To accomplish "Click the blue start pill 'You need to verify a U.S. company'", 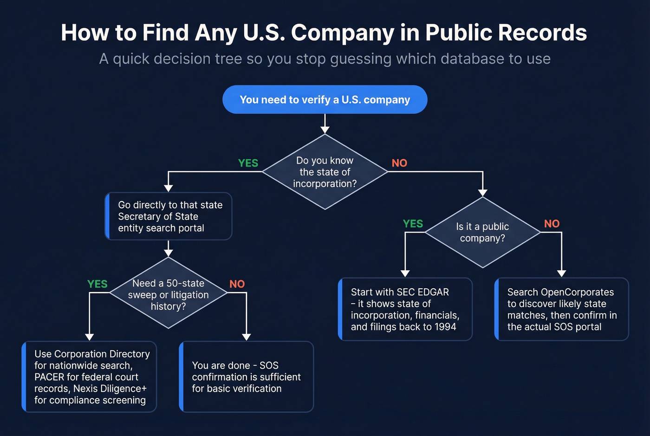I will click(x=325, y=100).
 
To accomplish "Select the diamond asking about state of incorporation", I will click(x=325, y=172).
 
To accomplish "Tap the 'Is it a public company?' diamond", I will click(x=482, y=232).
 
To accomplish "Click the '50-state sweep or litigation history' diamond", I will click(x=168, y=294).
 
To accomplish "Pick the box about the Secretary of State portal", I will click(x=169, y=216).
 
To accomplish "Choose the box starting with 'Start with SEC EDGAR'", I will click(x=405, y=309).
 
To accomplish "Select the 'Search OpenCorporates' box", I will click(x=562, y=309).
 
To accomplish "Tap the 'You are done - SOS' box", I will click(x=247, y=377).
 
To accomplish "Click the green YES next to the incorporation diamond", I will click(x=248, y=163).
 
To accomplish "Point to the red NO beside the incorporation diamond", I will click(x=399, y=163).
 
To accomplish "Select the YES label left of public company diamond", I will click(x=413, y=224).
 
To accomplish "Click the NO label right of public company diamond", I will click(x=552, y=224).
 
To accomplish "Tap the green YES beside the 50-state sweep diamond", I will click(x=97, y=284).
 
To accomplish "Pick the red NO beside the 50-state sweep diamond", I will click(x=237, y=284).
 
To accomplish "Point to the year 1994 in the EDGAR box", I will click(x=445, y=327).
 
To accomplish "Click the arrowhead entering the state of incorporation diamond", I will click(x=325, y=130).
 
